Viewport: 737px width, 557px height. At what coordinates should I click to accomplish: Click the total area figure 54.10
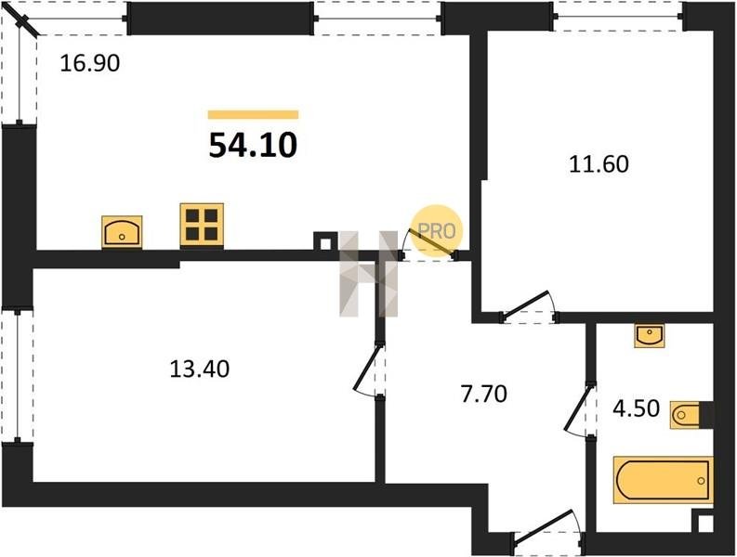(x=253, y=145)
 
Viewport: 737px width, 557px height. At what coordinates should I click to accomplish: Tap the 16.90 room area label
(x=90, y=63)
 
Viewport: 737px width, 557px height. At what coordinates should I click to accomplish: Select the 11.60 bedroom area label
(x=599, y=164)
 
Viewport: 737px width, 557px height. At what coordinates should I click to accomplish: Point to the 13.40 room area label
(x=199, y=369)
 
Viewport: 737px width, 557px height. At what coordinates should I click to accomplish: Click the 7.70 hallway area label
(x=484, y=394)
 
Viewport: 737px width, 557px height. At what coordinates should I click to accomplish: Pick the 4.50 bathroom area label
(x=637, y=408)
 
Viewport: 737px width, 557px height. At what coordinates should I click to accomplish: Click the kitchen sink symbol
(x=122, y=231)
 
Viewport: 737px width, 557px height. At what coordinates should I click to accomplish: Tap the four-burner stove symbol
(x=202, y=225)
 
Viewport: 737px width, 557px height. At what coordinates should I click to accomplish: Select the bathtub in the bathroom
(x=664, y=480)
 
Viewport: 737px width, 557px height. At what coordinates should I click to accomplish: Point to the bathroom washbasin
(x=649, y=335)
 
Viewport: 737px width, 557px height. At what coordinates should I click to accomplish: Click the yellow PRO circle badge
(x=437, y=230)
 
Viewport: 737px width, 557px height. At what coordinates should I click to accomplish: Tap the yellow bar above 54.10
(x=254, y=114)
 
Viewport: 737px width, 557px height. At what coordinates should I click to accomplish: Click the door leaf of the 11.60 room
(x=525, y=304)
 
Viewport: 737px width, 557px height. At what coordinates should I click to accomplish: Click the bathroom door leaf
(x=578, y=408)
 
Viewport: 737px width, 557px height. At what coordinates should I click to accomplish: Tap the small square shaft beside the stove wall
(x=324, y=244)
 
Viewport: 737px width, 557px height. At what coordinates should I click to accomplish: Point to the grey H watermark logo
(x=369, y=273)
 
